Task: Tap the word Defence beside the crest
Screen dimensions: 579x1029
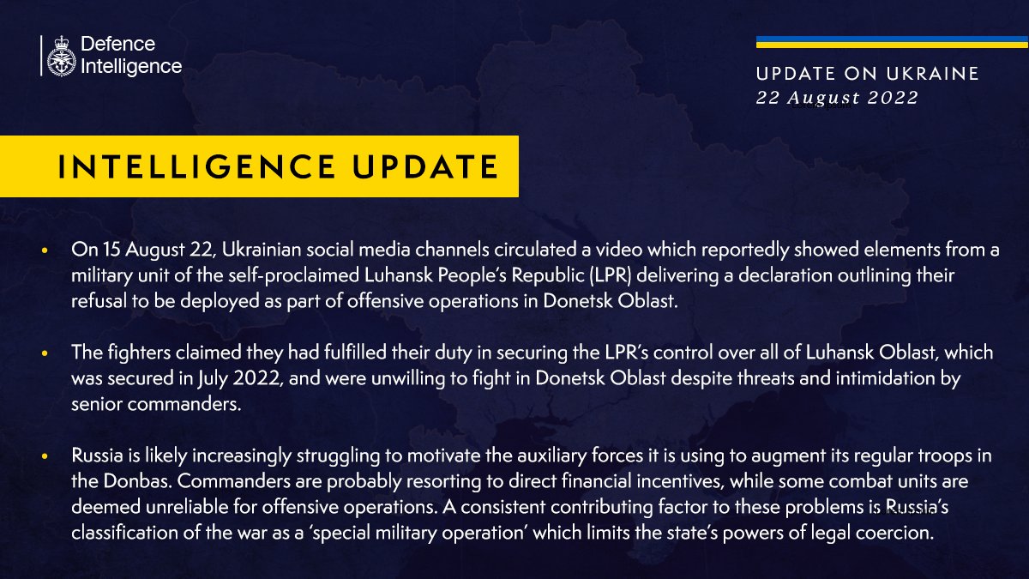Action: [x=117, y=44]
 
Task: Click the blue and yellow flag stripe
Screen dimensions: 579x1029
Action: [x=892, y=42]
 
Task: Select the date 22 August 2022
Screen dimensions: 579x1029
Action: [x=837, y=98]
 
